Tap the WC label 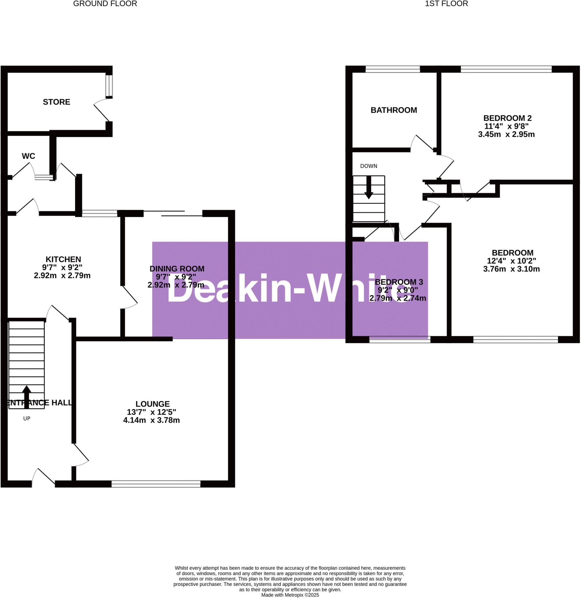tap(28, 156)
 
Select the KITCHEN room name tap(63, 259)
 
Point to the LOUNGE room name tap(152, 404)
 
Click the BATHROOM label tap(394, 110)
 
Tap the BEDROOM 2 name tap(508, 118)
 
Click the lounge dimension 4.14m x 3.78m tap(151, 420)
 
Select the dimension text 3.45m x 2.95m tap(506, 134)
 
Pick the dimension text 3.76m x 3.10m tap(511, 269)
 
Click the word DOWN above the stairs tap(368, 166)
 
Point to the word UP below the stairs tap(27, 418)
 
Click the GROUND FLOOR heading tap(105, 4)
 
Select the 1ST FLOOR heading tap(446, 4)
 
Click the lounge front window tap(156, 484)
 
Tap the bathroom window tap(392, 69)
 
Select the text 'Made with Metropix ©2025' tap(290, 595)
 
